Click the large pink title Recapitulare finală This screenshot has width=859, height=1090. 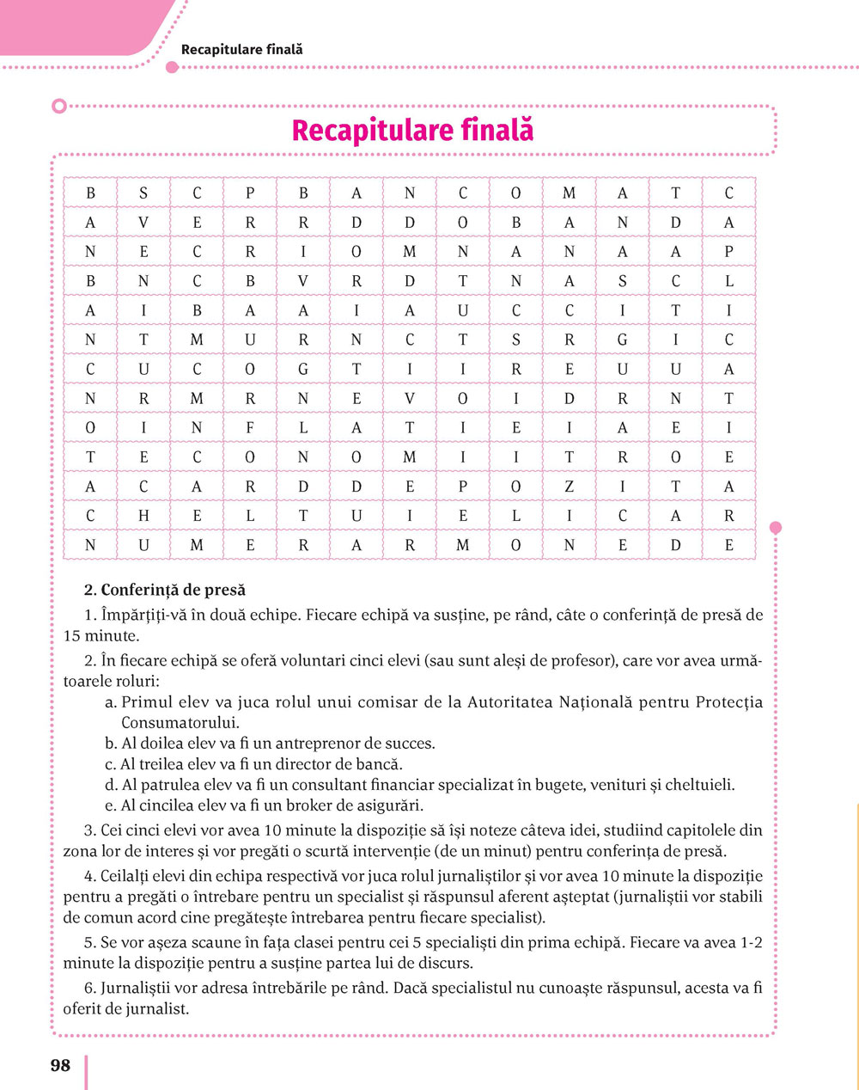click(x=412, y=131)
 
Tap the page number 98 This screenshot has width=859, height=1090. click(x=60, y=1065)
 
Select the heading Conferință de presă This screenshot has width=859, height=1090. click(x=173, y=590)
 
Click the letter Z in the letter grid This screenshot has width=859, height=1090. click(x=569, y=487)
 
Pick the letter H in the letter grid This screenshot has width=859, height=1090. click(x=143, y=516)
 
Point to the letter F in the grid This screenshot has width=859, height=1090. click(x=250, y=428)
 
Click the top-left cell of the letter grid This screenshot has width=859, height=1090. click(x=90, y=193)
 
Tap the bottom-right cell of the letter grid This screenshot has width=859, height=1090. click(x=728, y=545)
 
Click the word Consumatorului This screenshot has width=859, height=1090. click(x=178, y=723)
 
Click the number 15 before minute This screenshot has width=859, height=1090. click(x=72, y=636)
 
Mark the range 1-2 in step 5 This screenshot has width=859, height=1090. click(x=752, y=942)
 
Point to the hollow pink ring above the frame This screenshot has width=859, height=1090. click(x=58, y=106)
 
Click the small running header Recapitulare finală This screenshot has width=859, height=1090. click(x=241, y=50)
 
